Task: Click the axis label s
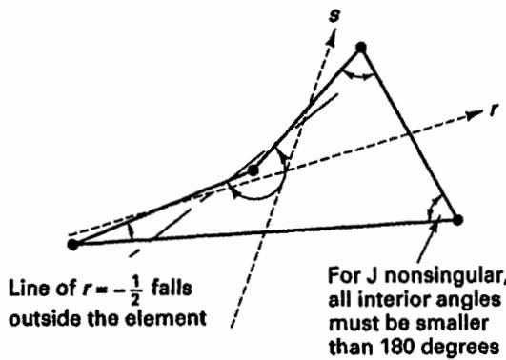334,16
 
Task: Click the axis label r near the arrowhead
494,110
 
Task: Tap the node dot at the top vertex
361,48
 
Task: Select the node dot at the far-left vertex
73,245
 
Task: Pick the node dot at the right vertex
457,220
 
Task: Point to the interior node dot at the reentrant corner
253,170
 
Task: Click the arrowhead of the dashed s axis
331,38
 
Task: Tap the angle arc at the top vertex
358,76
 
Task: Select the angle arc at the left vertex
131,231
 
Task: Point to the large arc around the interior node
258,197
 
